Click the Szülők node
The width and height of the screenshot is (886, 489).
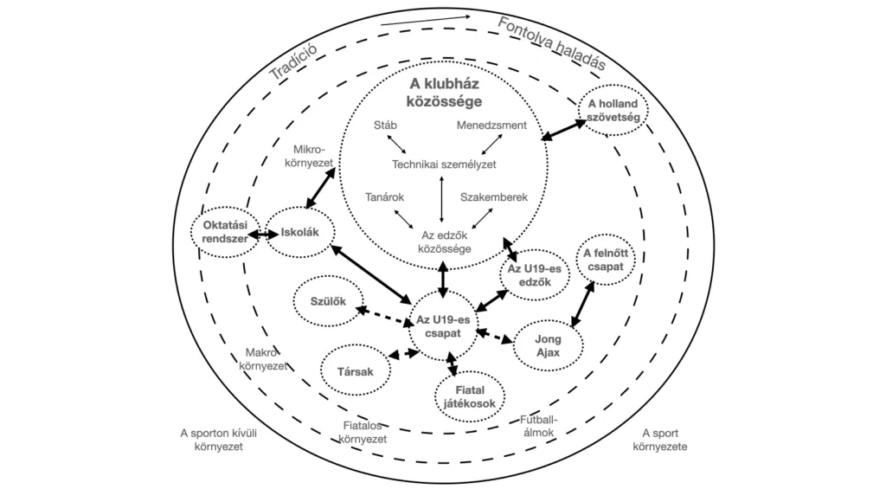[328, 301]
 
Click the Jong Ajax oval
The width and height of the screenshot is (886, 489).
[548, 345]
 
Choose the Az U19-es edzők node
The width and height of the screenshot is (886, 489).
[535, 274]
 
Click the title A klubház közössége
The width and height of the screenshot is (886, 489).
[445, 93]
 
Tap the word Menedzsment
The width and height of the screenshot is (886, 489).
[491, 125]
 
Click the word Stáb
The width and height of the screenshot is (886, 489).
[385, 125]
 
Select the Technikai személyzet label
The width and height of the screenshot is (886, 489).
[444, 164]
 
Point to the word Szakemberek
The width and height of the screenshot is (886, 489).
[494, 197]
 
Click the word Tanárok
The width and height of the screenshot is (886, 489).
[385, 197]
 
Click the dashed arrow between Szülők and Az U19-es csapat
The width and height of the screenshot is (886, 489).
[380, 314]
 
